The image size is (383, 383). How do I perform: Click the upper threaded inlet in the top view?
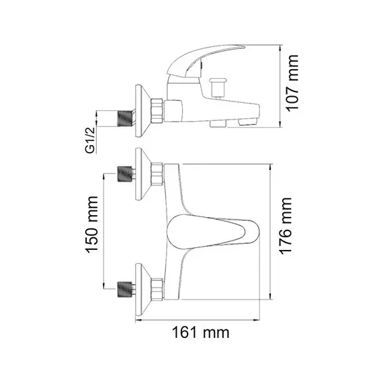coord(124,174)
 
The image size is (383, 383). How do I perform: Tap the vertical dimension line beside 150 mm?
coord(103,232)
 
